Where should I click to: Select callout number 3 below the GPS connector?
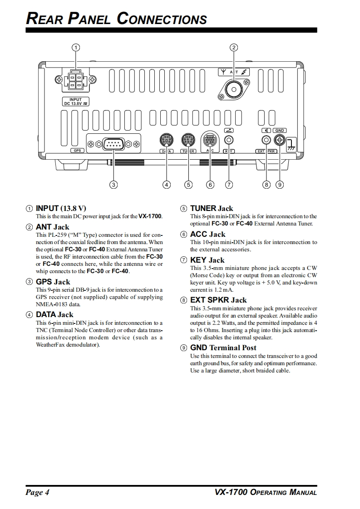pyautogui.click(x=113, y=185)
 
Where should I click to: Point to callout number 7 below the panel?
pyautogui.click(x=229, y=185)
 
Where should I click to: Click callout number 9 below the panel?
pyautogui.click(x=280, y=185)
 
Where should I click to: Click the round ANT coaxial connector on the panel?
pyautogui.click(x=234, y=89)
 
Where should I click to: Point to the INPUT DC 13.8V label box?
pyautogui.click(x=76, y=101)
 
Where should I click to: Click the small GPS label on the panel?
pyautogui.click(x=77, y=151)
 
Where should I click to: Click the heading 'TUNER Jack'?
pyautogui.click(x=212, y=209)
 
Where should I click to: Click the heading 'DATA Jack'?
pyautogui.click(x=54, y=314)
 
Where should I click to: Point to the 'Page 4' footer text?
pyautogui.click(x=37, y=493)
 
